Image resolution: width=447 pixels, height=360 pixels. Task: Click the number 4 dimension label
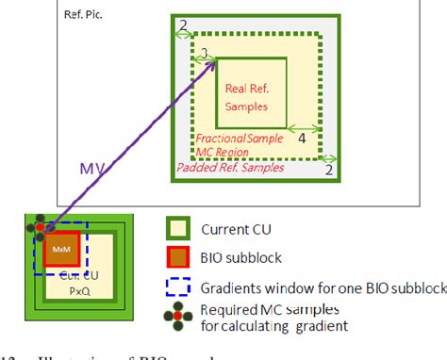point(302,138)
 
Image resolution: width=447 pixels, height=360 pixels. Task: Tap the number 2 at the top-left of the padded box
point(184,24)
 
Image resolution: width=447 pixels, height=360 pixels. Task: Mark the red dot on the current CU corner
point(39,229)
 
